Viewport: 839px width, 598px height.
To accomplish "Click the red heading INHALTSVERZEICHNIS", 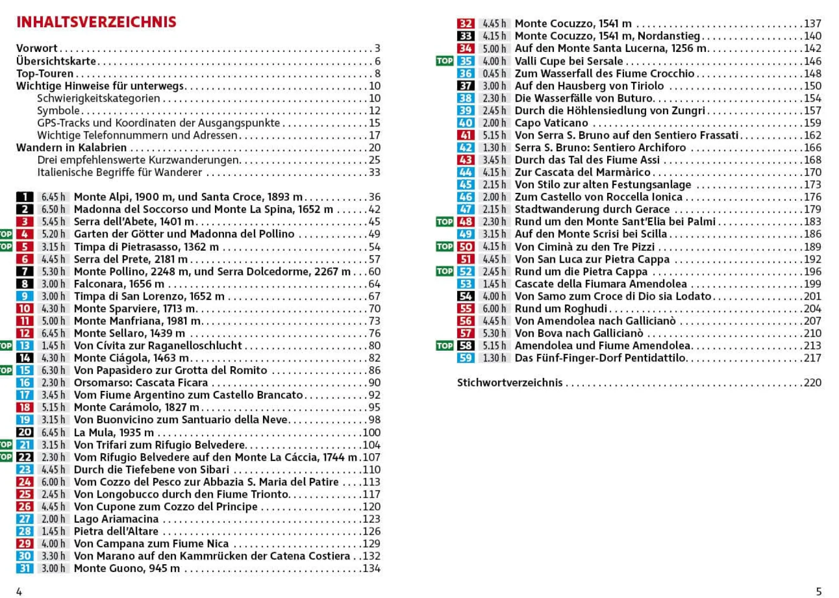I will click(96, 22).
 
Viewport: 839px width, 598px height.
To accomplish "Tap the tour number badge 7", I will click(25, 272).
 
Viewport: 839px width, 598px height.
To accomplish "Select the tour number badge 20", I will click(25, 432).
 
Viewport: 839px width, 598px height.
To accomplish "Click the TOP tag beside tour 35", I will click(444, 61).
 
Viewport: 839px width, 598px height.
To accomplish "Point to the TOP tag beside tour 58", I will click(444, 345).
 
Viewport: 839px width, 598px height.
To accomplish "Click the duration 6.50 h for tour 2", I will click(53, 209).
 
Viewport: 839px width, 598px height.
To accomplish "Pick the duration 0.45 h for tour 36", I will click(494, 74).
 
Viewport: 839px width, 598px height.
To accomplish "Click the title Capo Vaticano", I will click(551, 123).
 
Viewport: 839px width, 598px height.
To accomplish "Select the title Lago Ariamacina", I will click(116, 519).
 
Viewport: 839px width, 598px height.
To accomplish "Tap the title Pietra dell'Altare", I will click(116, 531).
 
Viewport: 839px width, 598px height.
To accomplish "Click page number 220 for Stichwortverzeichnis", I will click(812, 383).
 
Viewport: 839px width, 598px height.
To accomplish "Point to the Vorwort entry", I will click(37, 48).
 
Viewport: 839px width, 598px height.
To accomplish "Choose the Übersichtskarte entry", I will click(56, 61).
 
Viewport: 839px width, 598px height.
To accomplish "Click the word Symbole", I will click(58, 111).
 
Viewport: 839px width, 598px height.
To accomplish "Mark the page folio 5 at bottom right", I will click(818, 591).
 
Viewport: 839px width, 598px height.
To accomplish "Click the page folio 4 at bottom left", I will click(19, 591).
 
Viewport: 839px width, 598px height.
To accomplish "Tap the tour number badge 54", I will click(465, 296).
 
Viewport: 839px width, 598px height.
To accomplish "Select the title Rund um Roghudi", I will click(560, 309).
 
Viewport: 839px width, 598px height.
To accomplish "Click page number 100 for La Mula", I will click(371, 432).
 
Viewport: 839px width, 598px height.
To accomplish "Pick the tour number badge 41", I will click(465, 135).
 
